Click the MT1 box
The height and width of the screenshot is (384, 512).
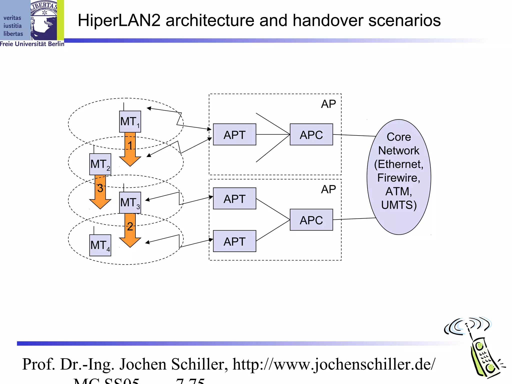click(130, 121)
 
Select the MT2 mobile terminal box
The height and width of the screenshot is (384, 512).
click(100, 164)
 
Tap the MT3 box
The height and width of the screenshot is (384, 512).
click(130, 202)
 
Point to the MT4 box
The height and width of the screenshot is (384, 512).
click(100, 245)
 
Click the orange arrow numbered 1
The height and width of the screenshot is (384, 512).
click(130, 150)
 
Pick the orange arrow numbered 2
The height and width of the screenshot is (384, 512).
click(130, 231)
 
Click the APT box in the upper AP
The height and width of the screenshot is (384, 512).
click(234, 134)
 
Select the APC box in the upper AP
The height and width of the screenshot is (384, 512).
click(311, 134)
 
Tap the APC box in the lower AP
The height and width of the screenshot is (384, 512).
click(311, 220)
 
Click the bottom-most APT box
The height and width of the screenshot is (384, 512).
click(234, 241)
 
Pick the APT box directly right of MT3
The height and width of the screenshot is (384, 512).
click(234, 198)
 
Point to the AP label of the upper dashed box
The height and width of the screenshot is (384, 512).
click(328, 104)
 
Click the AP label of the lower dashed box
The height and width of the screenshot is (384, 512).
click(328, 189)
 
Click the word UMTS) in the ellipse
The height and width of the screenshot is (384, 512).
click(399, 205)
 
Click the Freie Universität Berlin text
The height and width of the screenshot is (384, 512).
click(32, 44)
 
